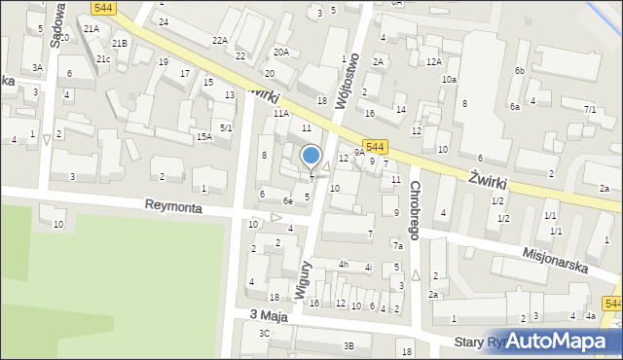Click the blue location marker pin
coord(311,156)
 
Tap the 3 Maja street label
coord(269,314)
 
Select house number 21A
coord(91,29)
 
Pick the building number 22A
coord(220,40)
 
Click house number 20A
coord(280,52)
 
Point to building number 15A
coord(203,137)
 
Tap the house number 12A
coord(433,62)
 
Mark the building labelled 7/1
coord(590,110)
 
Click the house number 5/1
coord(226,127)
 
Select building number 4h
coord(343,265)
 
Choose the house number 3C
coord(264,333)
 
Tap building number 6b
coord(520,71)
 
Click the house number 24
coord(164,21)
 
